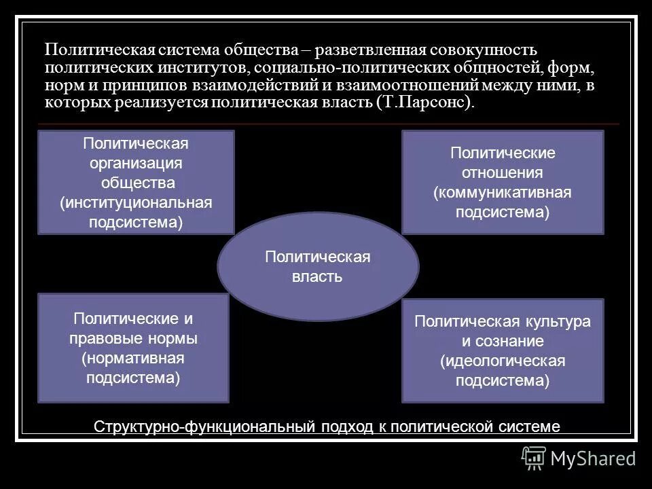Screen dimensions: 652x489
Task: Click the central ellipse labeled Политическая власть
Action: point(318,266)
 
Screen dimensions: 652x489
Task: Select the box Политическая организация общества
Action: point(136,183)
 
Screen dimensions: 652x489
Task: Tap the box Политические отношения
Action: point(503,182)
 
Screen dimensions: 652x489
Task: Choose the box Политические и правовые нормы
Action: point(133,347)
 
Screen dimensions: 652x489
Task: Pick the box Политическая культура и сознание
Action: point(503,350)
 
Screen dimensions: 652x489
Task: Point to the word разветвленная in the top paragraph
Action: point(367,51)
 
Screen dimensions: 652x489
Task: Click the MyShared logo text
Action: point(593,458)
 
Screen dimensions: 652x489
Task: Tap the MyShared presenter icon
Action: point(533,458)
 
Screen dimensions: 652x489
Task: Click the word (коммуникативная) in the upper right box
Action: point(503,192)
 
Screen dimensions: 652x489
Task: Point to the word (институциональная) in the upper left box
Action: point(136,203)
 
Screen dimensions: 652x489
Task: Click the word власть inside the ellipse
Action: point(318,276)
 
